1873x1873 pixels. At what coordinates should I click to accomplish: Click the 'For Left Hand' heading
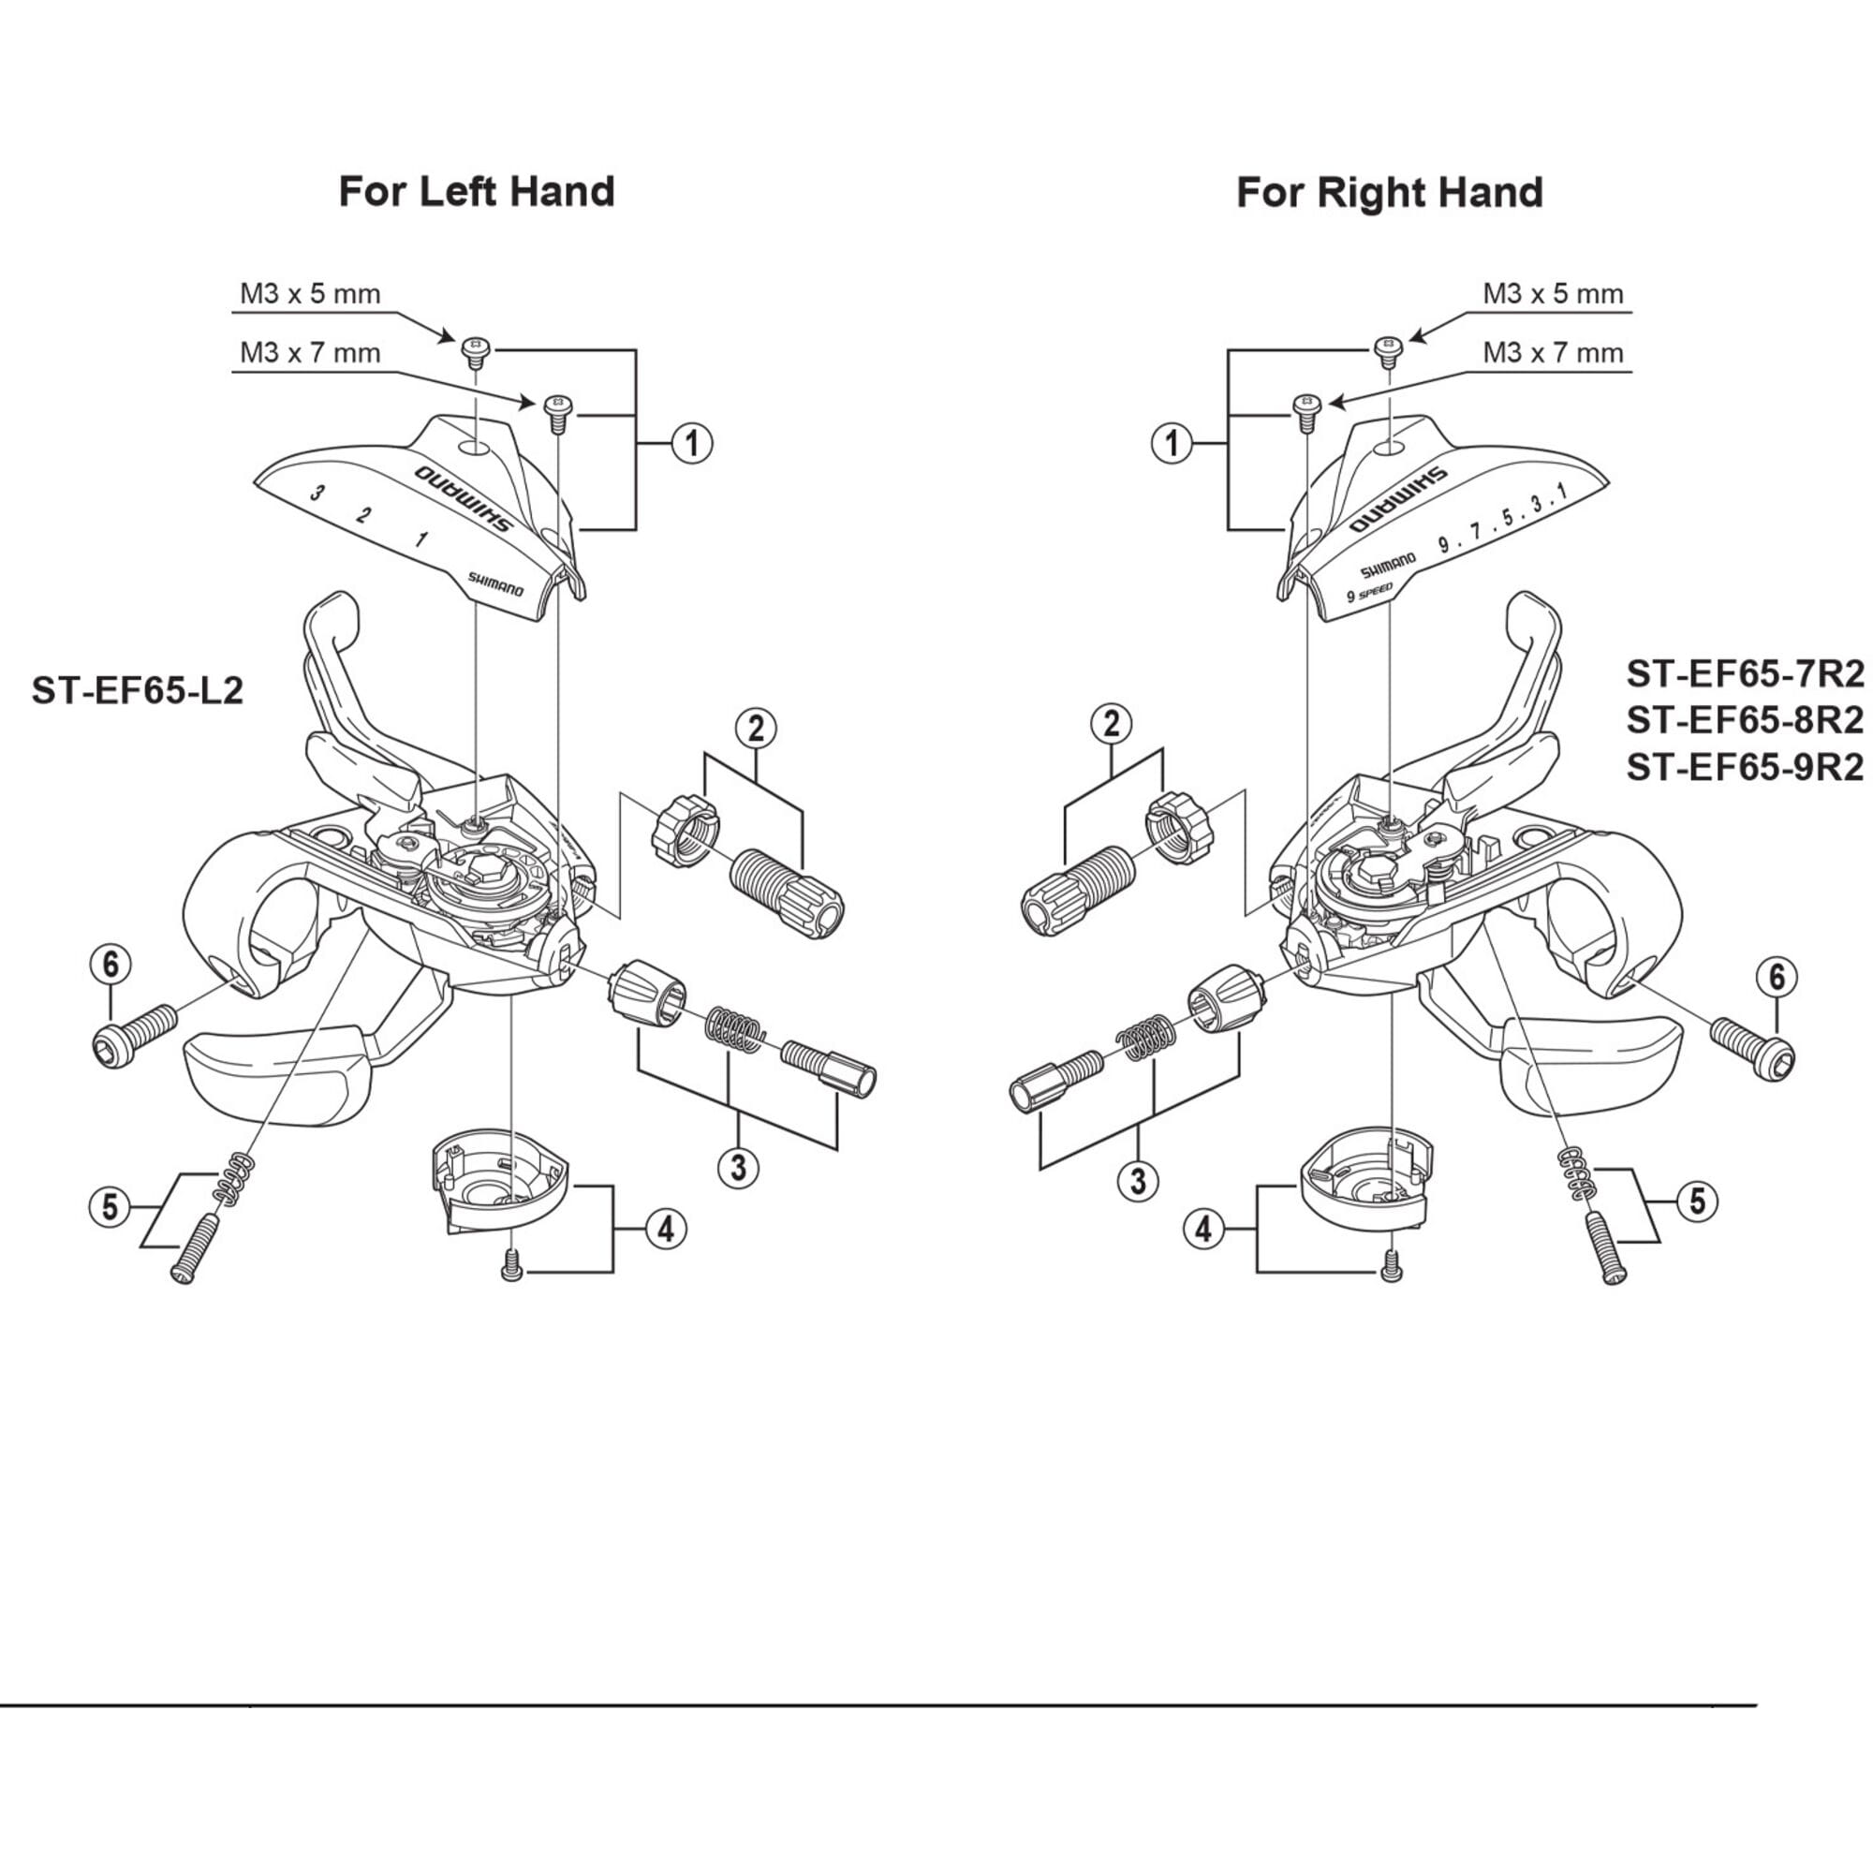[476, 192]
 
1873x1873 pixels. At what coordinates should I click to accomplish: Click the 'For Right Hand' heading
[1389, 193]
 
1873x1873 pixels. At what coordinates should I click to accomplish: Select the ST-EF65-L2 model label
[137, 690]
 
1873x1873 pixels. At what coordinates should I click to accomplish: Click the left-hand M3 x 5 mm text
[310, 294]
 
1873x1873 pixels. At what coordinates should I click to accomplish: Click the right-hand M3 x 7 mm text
[1553, 353]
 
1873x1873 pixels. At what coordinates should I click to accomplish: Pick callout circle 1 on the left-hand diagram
[691, 443]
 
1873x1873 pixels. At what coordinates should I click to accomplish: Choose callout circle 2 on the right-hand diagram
[1112, 723]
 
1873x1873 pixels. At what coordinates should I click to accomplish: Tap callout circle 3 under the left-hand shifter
[738, 1168]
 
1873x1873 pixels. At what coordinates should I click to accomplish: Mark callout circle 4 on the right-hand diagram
[1203, 1231]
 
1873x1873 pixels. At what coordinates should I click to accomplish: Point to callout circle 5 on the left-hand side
[110, 1208]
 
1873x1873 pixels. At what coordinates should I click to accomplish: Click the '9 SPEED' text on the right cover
[1370, 593]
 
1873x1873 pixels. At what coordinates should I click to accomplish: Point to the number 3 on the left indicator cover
[316, 494]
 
